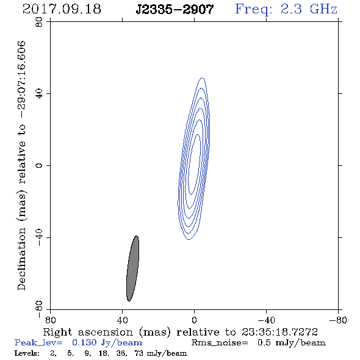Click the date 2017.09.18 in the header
coord(62,9)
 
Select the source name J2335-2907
coord(175,10)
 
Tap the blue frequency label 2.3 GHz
coord(309,9)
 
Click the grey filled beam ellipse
coord(132,268)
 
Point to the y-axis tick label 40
coord(39,94)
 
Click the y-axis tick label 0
coord(39,165)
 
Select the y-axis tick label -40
coord(39,237)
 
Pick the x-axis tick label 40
coord(122,320)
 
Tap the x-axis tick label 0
coord(194,320)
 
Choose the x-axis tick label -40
coord(266,320)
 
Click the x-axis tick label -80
coord(338,320)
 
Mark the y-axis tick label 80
coord(39,22)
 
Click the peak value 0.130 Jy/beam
coord(107,343)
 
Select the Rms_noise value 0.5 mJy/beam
coord(291,343)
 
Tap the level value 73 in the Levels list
coord(139,353)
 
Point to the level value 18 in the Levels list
coord(103,353)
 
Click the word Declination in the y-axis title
coord(21,259)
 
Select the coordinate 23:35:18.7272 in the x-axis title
coord(279,332)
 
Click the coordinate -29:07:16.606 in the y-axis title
coord(21,80)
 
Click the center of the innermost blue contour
coord(194,164)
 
